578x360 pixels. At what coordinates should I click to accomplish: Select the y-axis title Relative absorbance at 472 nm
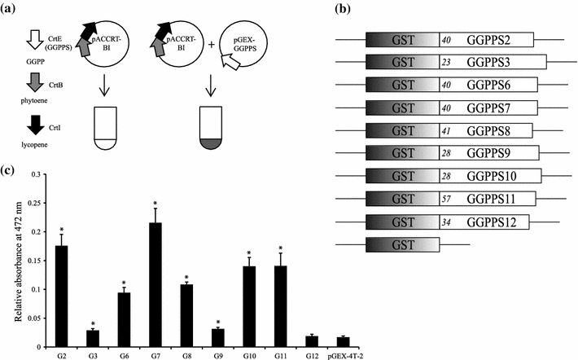10,269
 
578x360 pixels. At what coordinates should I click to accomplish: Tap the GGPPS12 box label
484,221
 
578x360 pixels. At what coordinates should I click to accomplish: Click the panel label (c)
10,169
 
